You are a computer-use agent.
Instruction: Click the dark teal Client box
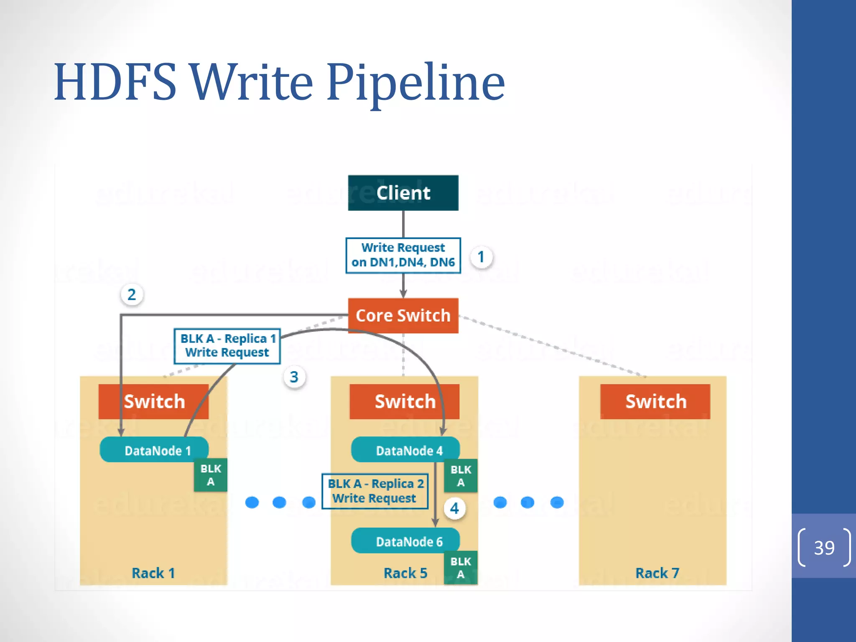click(x=403, y=193)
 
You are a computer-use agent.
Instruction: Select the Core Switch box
click(x=403, y=316)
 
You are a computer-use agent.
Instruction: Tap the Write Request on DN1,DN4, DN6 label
click(x=403, y=255)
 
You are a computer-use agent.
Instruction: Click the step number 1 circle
click(x=481, y=257)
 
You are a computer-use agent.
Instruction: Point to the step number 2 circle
click(x=132, y=295)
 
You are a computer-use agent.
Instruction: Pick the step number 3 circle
click(x=294, y=377)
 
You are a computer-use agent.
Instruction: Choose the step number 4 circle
click(x=454, y=508)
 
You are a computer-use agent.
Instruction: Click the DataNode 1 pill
click(x=154, y=450)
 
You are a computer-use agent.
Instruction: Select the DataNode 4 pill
click(x=405, y=450)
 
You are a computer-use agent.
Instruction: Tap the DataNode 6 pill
click(x=405, y=541)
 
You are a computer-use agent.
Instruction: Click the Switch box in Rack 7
click(x=655, y=402)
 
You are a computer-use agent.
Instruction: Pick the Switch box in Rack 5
click(x=404, y=402)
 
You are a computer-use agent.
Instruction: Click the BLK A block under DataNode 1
click(x=211, y=475)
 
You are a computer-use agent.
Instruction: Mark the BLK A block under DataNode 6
click(x=461, y=568)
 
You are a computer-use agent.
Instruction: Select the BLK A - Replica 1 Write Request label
click(x=227, y=346)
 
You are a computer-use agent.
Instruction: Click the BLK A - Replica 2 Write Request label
click(x=375, y=491)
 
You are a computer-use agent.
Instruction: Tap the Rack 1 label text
click(x=153, y=573)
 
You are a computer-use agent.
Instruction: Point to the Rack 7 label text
click(x=657, y=573)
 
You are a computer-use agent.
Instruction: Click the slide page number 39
click(x=824, y=548)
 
